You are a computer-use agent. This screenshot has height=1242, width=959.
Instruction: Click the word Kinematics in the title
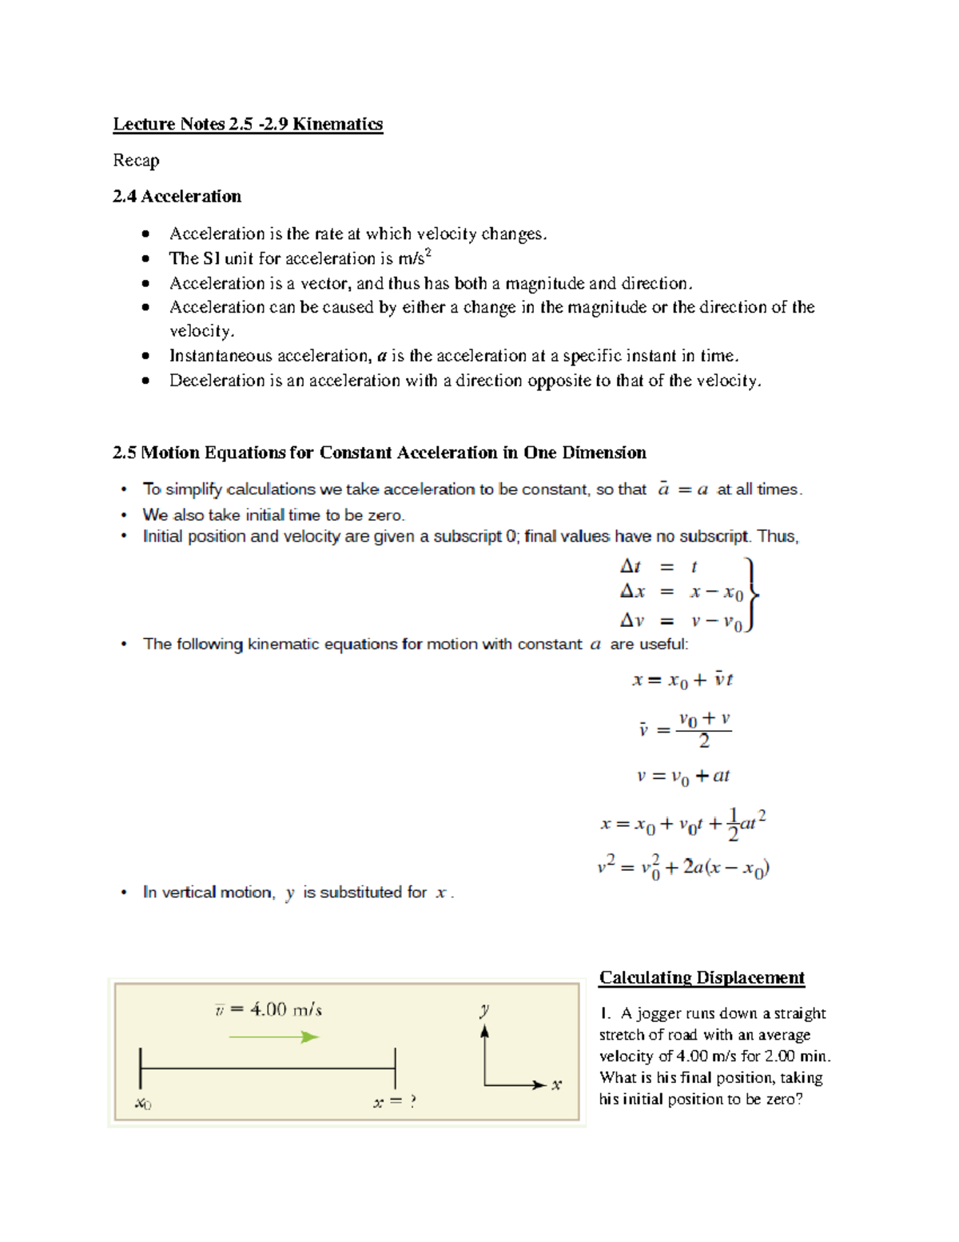(337, 124)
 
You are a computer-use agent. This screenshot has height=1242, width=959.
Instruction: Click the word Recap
(136, 161)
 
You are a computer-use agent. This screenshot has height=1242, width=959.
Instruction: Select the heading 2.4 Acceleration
(177, 197)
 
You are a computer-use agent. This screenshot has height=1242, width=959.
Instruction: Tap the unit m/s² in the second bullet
(415, 258)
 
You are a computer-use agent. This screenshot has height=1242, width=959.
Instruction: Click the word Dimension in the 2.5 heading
(604, 453)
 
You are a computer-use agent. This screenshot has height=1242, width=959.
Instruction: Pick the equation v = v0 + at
(683, 777)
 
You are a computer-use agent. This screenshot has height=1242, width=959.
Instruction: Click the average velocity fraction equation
(685, 729)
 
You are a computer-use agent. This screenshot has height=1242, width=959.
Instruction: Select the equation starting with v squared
(683, 867)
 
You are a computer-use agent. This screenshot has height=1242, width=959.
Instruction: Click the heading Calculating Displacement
(702, 977)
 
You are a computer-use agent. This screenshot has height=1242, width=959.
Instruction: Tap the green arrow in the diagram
(274, 1037)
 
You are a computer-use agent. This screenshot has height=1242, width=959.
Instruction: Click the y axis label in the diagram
(484, 1011)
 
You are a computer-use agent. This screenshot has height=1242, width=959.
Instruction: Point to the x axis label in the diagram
(556, 1085)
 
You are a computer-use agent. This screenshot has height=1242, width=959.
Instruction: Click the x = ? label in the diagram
(395, 1102)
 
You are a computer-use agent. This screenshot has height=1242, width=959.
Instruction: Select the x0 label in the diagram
(143, 1104)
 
